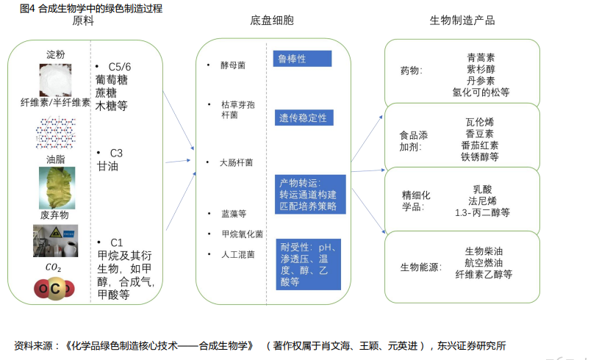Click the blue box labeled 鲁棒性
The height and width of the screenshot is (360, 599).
[302, 59]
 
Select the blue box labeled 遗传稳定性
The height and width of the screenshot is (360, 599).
[304, 118]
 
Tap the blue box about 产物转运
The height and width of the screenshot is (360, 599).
[310, 194]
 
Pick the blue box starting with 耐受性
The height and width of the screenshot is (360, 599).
[308, 264]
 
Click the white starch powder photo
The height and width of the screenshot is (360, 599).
[55, 80]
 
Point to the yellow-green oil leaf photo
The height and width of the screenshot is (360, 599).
[57, 188]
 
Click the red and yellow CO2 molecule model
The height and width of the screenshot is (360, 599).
[54, 289]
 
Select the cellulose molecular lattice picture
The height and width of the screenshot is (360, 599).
[56, 133]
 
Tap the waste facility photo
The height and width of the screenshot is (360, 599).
[56, 240]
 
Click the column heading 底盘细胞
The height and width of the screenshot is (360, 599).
[272, 21]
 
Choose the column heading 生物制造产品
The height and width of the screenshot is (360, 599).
[462, 21]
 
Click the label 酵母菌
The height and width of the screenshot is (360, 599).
[233, 65]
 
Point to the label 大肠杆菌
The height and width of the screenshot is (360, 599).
[236, 162]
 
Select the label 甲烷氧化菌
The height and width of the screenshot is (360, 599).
[243, 234]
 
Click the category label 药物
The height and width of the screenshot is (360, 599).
[411, 71]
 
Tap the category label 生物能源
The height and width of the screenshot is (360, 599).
[421, 267]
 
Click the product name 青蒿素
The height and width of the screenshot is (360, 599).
[481, 57]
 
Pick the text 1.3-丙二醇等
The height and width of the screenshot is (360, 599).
[482, 212]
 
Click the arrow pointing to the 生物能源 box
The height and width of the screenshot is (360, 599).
[369, 211]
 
